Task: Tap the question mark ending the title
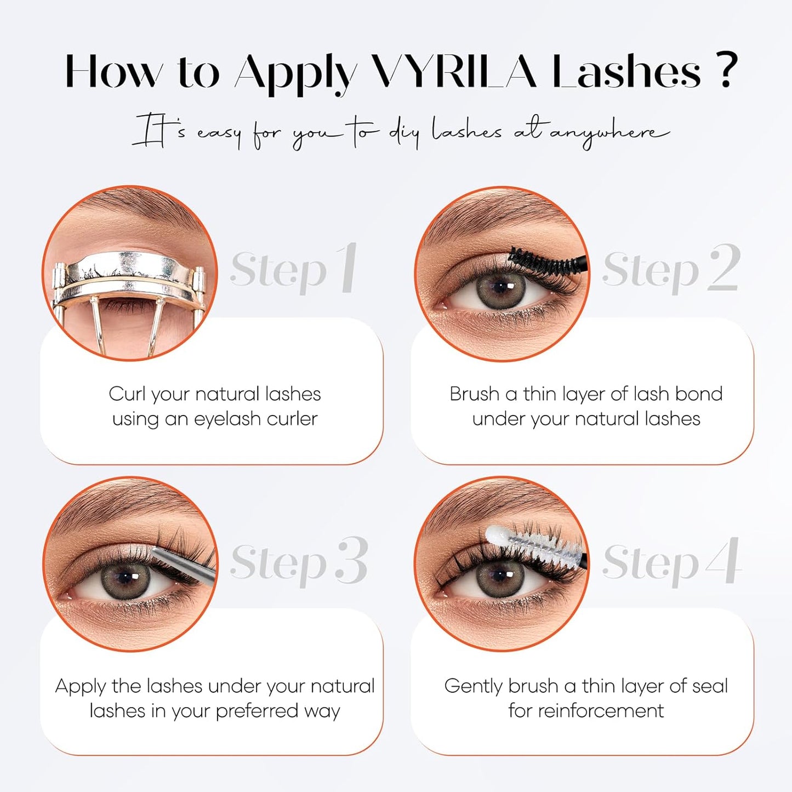coord(726,70)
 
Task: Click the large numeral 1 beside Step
coord(347,268)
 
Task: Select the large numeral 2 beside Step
coord(724,268)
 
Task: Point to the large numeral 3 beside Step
coord(351,561)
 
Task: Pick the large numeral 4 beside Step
coord(724,561)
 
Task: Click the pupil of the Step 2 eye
coord(500,287)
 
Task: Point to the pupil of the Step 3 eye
coord(126,577)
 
